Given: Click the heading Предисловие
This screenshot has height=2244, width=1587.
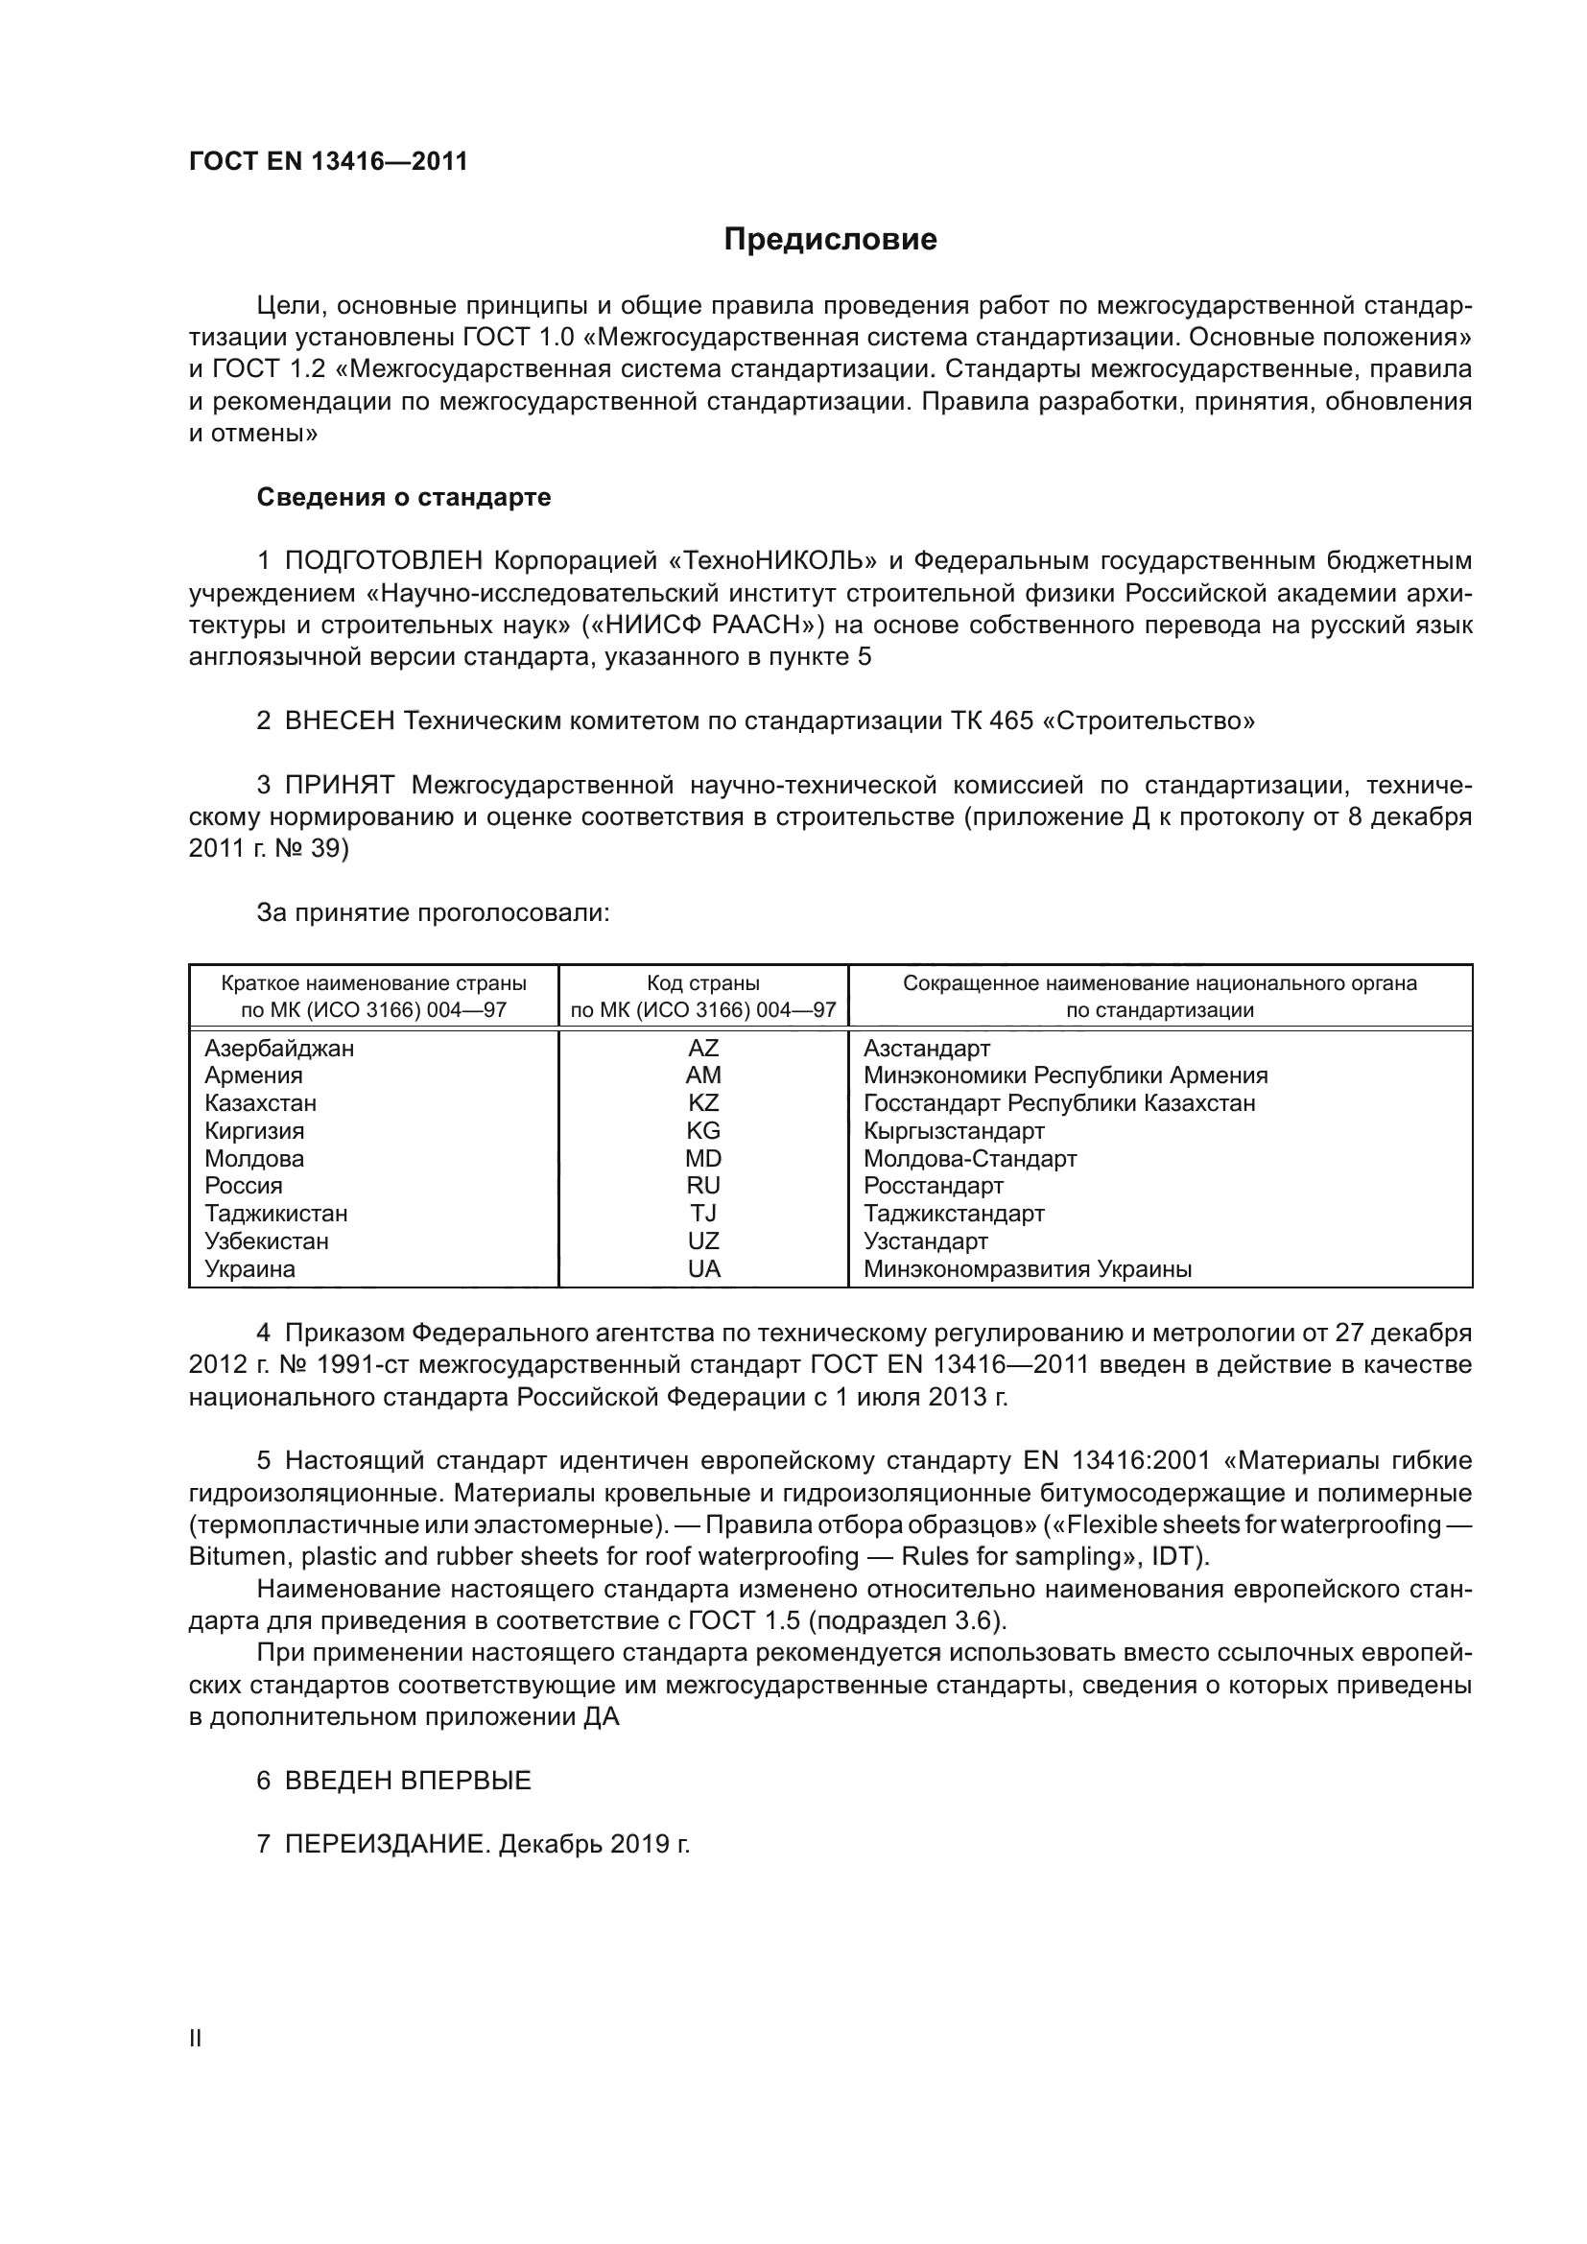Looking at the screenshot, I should tap(830, 240).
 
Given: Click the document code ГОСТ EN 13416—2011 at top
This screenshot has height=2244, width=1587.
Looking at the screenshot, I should tap(328, 161).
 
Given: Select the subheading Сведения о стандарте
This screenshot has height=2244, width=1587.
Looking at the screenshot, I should tap(404, 498).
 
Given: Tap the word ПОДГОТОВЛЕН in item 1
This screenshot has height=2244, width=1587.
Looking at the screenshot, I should tap(383, 561).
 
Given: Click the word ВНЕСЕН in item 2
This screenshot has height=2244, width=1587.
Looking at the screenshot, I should tap(340, 721).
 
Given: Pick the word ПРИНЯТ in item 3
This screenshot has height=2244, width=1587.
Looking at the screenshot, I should tap(339, 785).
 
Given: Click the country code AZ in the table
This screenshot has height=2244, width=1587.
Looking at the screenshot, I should tap(702, 1049).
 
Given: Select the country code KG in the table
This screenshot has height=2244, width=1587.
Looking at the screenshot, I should tap(702, 1131).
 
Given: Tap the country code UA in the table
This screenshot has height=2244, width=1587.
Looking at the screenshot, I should tap(702, 1269).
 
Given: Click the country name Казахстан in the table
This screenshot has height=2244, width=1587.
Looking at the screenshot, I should tap(260, 1103).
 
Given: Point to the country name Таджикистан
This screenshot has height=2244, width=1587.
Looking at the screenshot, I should tap(275, 1214).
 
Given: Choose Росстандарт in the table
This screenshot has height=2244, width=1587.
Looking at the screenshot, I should tap(934, 1187).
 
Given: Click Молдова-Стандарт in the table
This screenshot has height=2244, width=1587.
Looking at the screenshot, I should tap(969, 1159).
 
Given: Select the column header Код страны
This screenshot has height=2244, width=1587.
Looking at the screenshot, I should tap(702, 983).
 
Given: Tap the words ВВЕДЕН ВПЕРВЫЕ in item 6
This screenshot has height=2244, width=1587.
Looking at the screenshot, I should tap(408, 1781).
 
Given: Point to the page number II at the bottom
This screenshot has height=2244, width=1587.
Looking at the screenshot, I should tap(196, 2039).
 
